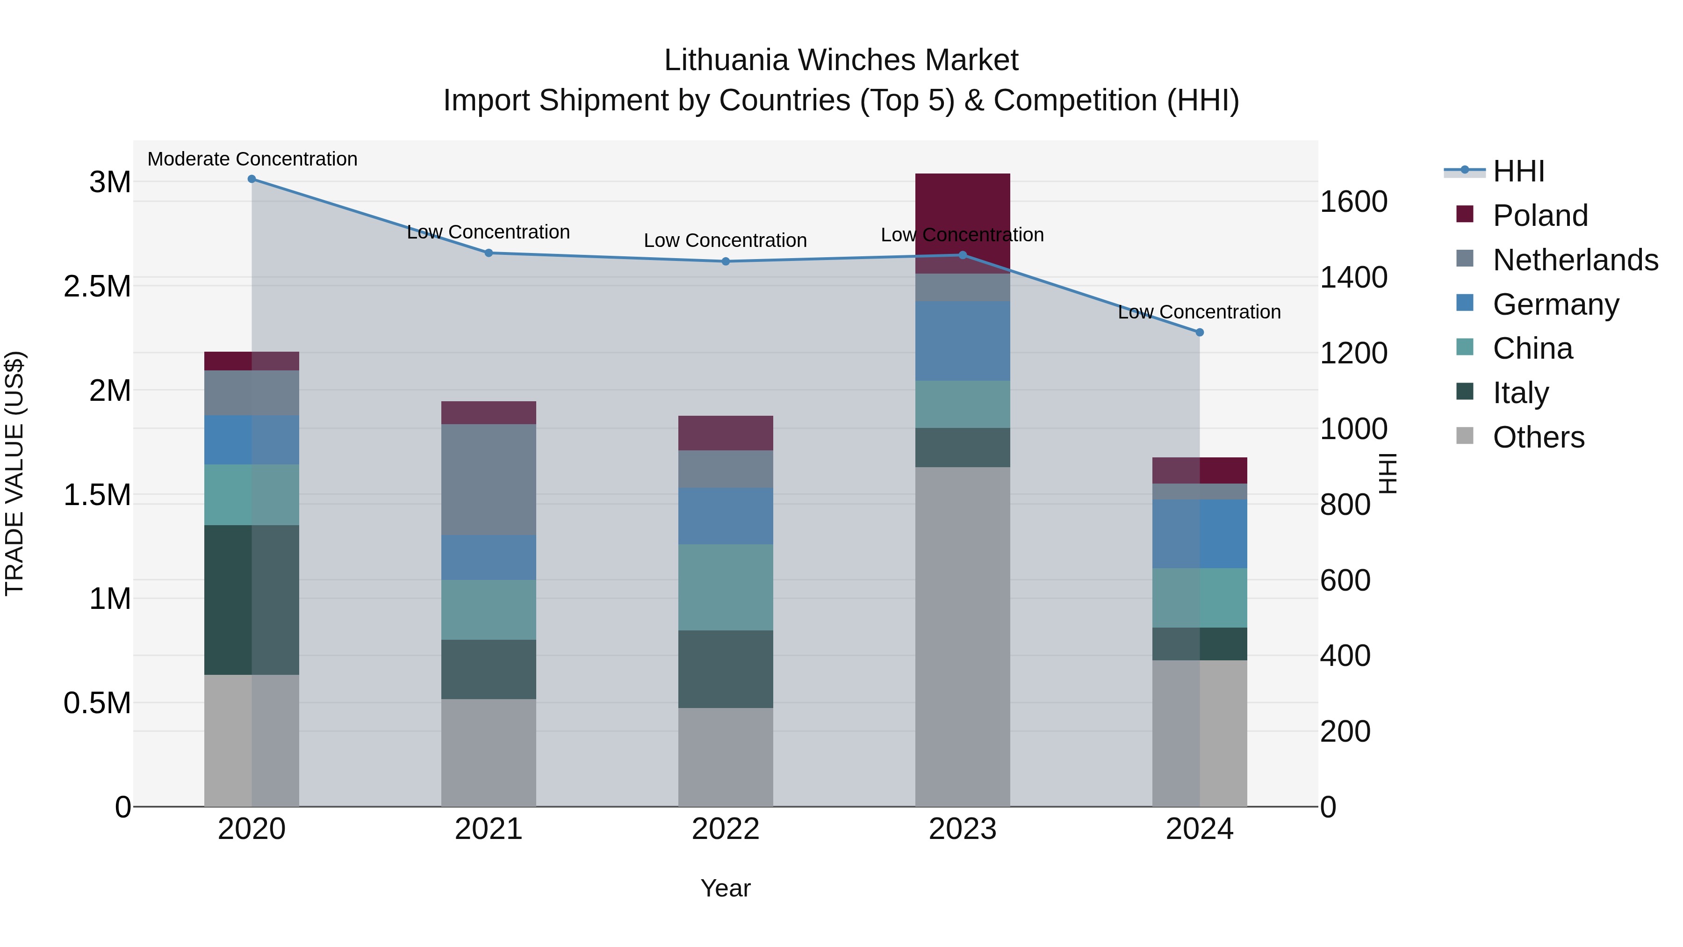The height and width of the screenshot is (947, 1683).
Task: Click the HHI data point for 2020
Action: click(x=252, y=179)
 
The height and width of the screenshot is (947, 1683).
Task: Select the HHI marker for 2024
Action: click(x=1200, y=333)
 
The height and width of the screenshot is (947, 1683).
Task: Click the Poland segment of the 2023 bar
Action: click(x=963, y=216)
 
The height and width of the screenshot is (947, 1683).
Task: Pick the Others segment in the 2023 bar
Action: click(x=963, y=637)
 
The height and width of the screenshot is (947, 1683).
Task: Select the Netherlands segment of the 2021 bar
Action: click(x=489, y=480)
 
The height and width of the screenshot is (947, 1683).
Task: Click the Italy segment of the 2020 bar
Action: click(x=252, y=600)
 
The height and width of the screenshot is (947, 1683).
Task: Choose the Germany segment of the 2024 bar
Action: click(x=1200, y=534)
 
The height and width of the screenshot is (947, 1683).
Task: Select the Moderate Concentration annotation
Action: click(x=252, y=159)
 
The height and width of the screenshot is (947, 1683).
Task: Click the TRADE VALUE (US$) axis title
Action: click(x=14, y=473)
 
